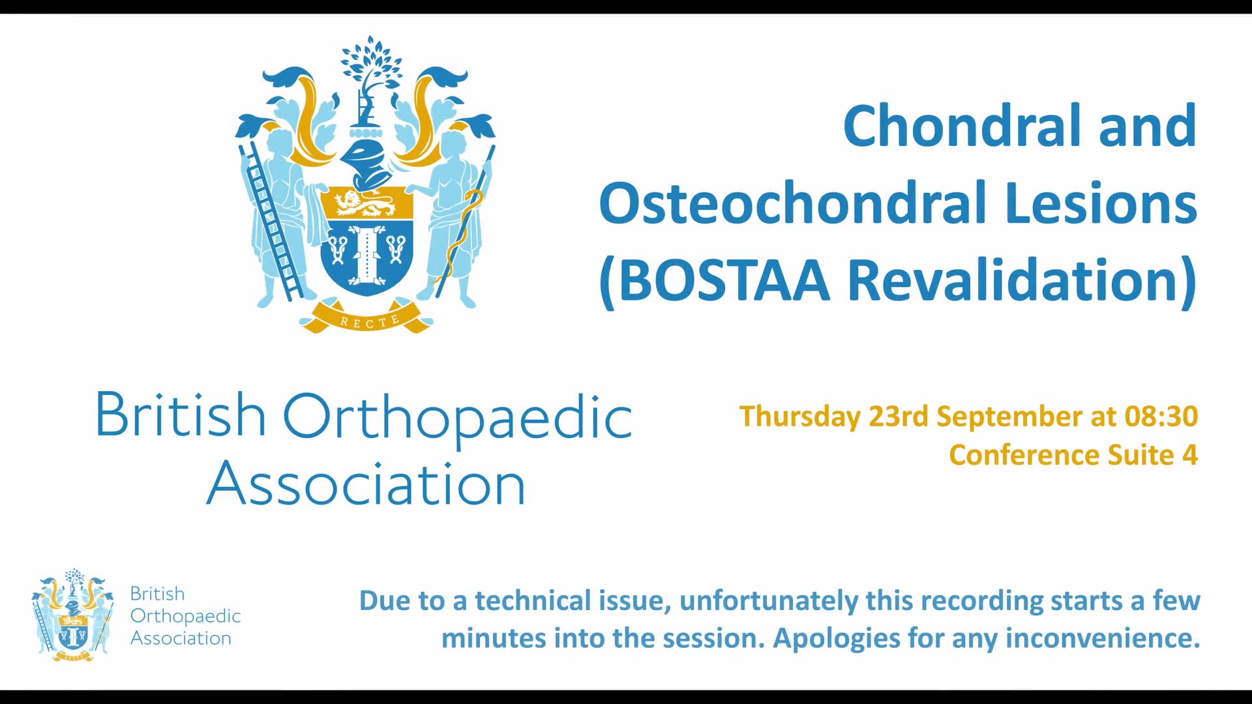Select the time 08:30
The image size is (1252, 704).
click(x=1161, y=416)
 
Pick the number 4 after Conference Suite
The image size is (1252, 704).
click(x=1190, y=455)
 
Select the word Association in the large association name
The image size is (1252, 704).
click(x=366, y=483)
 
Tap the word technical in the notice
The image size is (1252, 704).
click(x=574, y=600)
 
